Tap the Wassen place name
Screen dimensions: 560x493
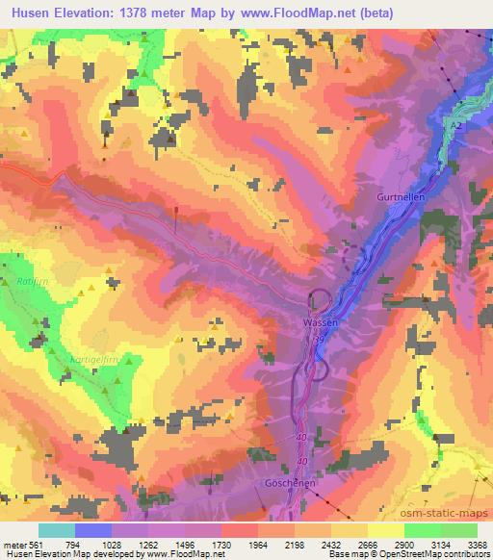click(320, 323)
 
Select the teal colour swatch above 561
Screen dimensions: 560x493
click(56, 530)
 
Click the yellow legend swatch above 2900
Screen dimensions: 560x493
click(385, 530)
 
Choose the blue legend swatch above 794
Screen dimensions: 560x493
click(92, 530)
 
